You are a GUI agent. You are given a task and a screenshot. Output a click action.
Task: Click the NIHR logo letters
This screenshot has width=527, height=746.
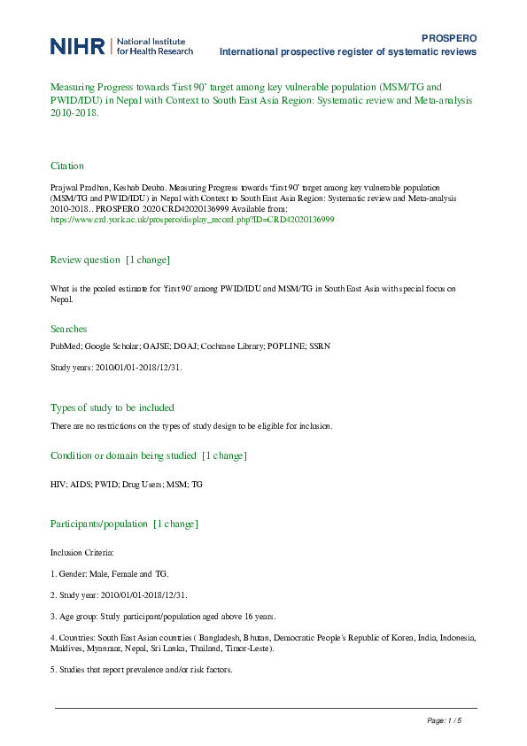click(x=77, y=46)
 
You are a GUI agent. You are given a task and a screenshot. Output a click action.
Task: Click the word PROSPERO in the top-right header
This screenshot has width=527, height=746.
click(x=450, y=39)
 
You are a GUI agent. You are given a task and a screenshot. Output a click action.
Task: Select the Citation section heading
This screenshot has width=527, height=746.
click(x=67, y=166)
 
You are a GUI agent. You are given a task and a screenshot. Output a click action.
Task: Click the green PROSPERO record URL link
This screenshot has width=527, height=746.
click(x=192, y=219)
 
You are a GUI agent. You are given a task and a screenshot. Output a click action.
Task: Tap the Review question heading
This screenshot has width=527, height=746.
click(x=85, y=260)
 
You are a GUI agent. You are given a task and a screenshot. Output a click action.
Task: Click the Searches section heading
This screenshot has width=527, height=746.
click(x=68, y=329)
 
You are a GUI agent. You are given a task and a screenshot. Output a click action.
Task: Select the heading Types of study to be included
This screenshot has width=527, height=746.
click(x=112, y=408)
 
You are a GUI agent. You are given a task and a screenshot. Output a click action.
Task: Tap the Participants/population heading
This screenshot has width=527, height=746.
click(x=99, y=524)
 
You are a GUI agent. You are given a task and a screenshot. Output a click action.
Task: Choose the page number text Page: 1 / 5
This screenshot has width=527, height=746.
click(x=445, y=721)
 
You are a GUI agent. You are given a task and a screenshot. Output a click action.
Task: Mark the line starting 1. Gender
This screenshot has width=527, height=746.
click(x=109, y=573)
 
